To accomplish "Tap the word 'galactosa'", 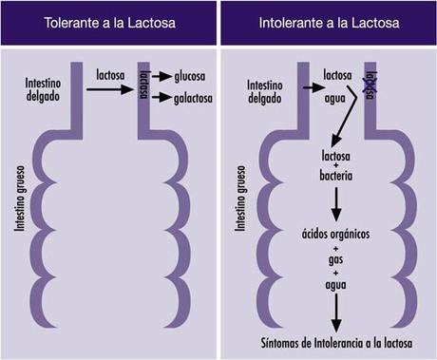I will (195, 97).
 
